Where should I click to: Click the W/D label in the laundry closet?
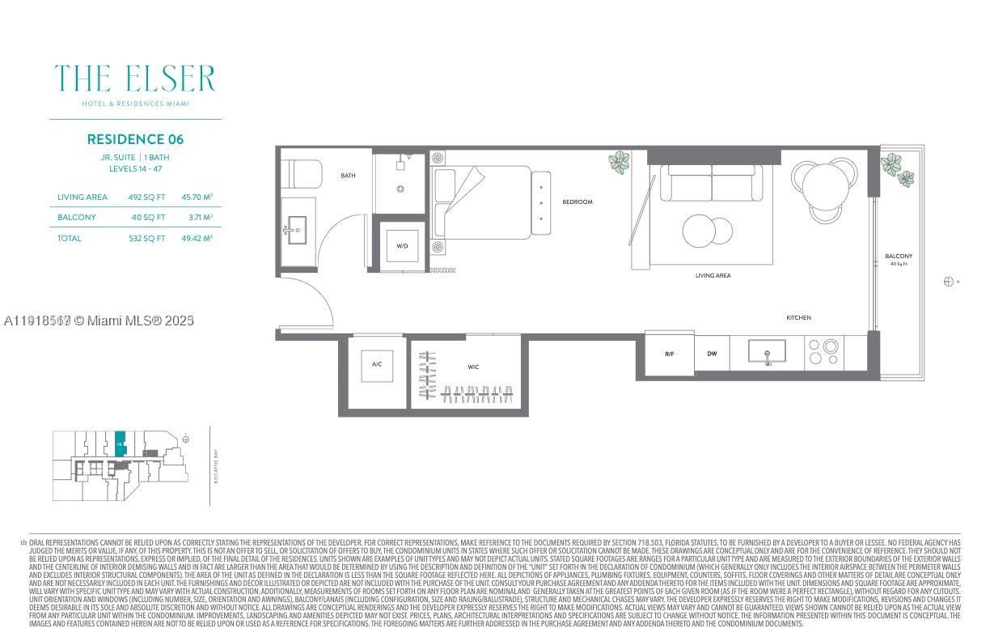pos(402,245)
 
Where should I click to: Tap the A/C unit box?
pos(377,365)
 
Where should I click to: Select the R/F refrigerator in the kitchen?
pos(669,354)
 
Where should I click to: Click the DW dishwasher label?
pos(712,354)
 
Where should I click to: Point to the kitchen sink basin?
pos(767,353)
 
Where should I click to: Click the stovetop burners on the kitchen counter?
pos(824,353)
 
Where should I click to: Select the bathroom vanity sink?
pos(296,229)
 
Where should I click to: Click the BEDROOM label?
pos(577,202)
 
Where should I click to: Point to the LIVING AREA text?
pos(713,276)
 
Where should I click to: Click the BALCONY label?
pos(898,257)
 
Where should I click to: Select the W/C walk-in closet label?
pos(472,367)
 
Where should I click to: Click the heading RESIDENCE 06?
pos(135,139)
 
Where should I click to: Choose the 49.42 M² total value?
pos(197,239)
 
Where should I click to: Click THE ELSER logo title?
pos(135,79)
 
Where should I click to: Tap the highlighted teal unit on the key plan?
pos(120,444)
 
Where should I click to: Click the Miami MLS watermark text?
pos(99,320)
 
